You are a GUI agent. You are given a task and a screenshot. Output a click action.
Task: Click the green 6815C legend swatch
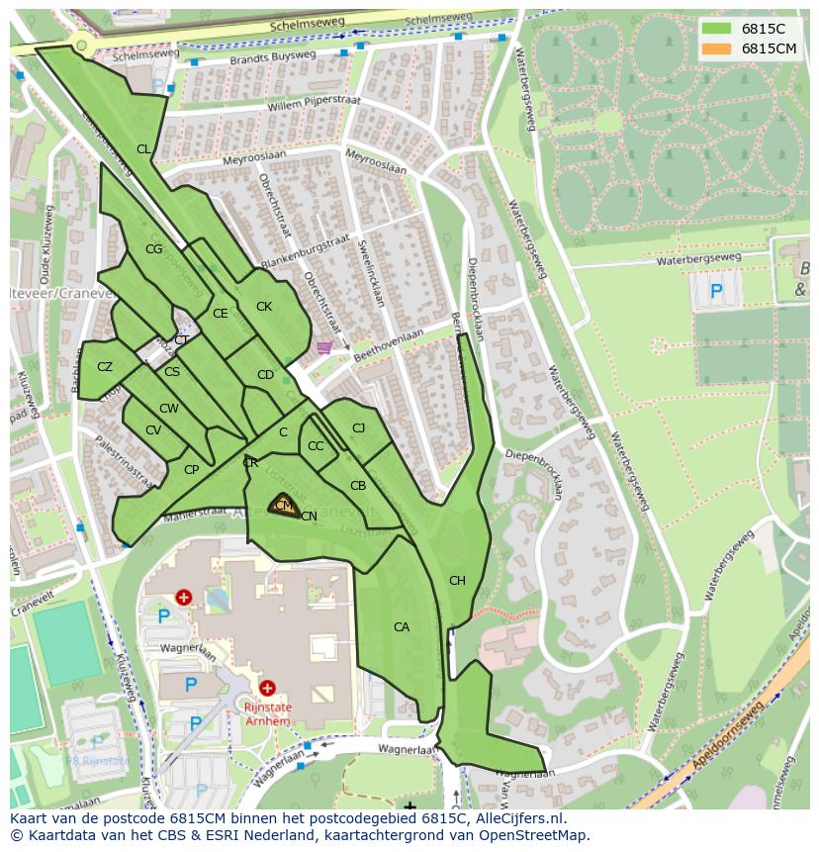pyautogui.click(x=716, y=29)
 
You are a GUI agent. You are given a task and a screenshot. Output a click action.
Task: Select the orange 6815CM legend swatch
pyautogui.click(x=716, y=48)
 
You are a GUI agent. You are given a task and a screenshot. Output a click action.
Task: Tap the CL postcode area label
pyautogui.click(x=143, y=149)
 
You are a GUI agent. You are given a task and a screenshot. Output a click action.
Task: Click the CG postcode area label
pyautogui.click(x=153, y=249)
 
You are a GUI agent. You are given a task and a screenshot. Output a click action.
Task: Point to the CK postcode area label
pyautogui.click(x=263, y=307)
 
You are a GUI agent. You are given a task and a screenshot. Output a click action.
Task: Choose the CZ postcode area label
pyautogui.click(x=105, y=367)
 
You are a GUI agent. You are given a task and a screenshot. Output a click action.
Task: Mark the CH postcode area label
pyautogui.click(x=457, y=581)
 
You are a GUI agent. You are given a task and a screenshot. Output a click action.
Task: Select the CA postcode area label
pyautogui.click(x=401, y=627)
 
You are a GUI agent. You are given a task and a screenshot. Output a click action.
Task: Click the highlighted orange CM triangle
pyautogui.click(x=283, y=505)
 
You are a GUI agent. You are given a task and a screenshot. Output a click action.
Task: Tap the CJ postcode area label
pyautogui.click(x=358, y=428)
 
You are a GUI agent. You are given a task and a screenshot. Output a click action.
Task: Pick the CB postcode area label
pyautogui.click(x=358, y=486)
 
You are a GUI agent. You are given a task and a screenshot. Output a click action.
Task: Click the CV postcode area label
pyautogui.click(x=153, y=430)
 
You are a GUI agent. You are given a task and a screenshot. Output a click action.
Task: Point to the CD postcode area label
pyautogui.click(x=265, y=375)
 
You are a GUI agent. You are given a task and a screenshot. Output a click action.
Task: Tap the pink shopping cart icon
pyautogui.click(x=323, y=347)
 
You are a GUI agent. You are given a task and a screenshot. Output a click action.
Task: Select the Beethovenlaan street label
pyautogui.click(x=389, y=342)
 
